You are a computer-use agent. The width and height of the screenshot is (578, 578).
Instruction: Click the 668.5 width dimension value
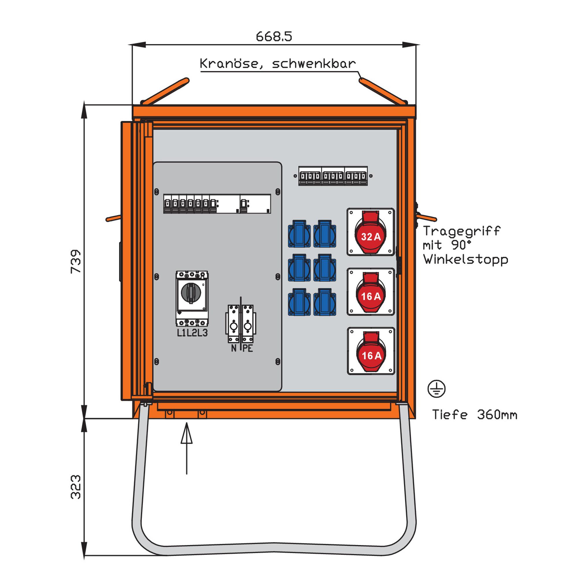click(x=274, y=36)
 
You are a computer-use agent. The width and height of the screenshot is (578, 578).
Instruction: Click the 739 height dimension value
click(x=76, y=261)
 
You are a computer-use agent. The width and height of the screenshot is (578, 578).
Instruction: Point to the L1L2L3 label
click(x=192, y=333)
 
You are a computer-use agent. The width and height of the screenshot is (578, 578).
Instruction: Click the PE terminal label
click(x=248, y=348)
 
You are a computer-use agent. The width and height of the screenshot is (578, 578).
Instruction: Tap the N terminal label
click(x=234, y=348)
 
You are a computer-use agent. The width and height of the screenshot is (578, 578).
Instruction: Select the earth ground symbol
click(x=436, y=389)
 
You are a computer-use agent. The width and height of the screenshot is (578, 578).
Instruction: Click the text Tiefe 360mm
click(x=475, y=415)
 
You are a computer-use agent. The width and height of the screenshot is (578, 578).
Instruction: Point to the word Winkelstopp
click(x=466, y=260)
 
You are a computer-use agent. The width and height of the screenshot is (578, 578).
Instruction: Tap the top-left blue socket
click(x=299, y=234)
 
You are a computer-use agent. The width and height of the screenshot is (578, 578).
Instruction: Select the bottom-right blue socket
click(x=325, y=302)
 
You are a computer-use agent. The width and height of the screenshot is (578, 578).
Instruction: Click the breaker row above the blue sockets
click(x=333, y=176)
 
